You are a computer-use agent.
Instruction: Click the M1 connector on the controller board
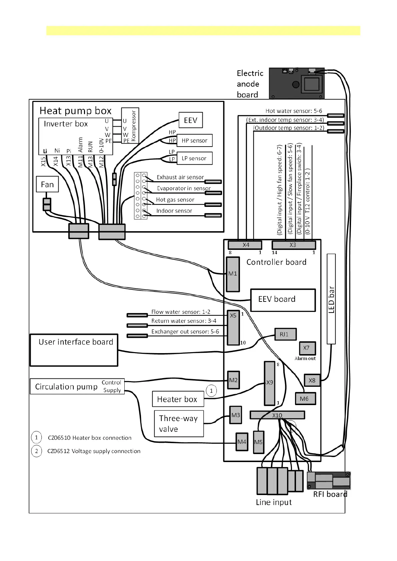pyautogui.click(x=233, y=274)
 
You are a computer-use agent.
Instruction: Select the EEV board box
pyautogui.click(x=283, y=300)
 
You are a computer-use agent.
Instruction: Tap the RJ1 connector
pyautogui.click(x=285, y=334)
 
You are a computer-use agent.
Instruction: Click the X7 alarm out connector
pyautogui.click(x=307, y=348)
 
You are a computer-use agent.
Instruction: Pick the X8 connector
pyautogui.click(x=312, y=380)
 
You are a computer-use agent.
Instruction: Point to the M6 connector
pyautogui.click(x=305, y=398)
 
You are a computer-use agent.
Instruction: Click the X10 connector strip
pyautogui.click(x=277, y=415)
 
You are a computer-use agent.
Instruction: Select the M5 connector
pyautogui.click(x=258, y=442)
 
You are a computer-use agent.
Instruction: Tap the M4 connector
pyautogui.click(x=242, y=442)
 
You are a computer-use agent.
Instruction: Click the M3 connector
pyautogui.click(x=236, y=415)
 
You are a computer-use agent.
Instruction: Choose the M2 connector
pyautogui.click(x=233, y=380)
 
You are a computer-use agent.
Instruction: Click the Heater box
pyautogui.click(x=178, y=399)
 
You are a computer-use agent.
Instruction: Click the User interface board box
pyautogui.click(x=74, y=350)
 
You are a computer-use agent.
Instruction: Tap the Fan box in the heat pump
pyautogui.click(x=47, y=185)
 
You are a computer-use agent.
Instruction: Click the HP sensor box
pyautogui.click(x=194, y=141)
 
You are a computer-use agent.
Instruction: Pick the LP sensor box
pyautogui.click(x=194, y=158)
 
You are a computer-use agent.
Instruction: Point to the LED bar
pyautogui.click(x=331, y=299)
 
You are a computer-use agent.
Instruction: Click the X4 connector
pyautogui.click(x=245, y=245)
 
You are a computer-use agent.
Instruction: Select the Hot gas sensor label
pyautogui.click(x=175, y=200)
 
